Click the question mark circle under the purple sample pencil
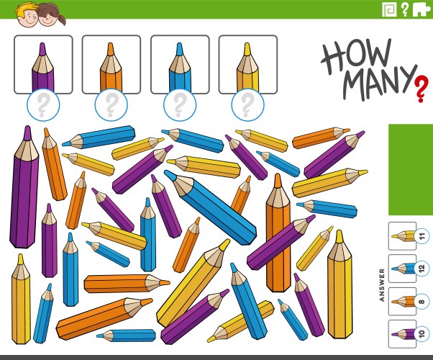(x=42, y=106)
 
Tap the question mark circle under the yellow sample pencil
(x=247, y=106)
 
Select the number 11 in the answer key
(x=422, y=235)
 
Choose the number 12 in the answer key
(x=422, y=269)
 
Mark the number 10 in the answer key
(x=422, y=334)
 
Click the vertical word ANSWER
(x=382, y=284)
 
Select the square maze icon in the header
(x=389, y=9)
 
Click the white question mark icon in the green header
(x=405, y=9)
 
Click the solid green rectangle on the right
(x=411, y=169)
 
